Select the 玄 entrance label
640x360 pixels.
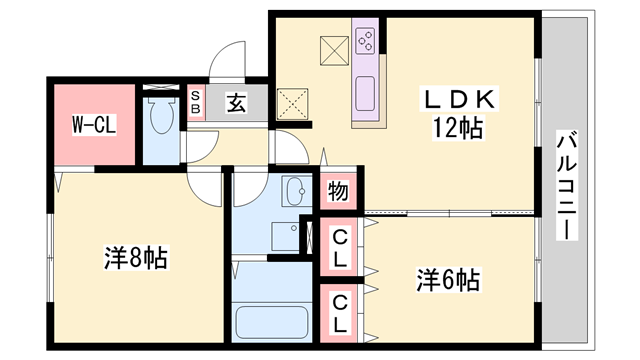click(x=235, y=102)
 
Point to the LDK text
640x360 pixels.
click(x=459, y=101)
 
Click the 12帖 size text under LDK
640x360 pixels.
click(x=459, y=127)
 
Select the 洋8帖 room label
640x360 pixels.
click(x=133, y=258)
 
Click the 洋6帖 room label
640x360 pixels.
click(x=447, y=280)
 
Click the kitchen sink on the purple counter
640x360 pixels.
click(x=366, y=92)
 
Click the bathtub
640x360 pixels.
click(x=273, y=322)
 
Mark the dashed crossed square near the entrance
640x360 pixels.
click(x=292, y=102)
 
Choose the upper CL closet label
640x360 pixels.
click(x=340, y=247)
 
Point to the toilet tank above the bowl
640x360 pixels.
click(x=159, y=99)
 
